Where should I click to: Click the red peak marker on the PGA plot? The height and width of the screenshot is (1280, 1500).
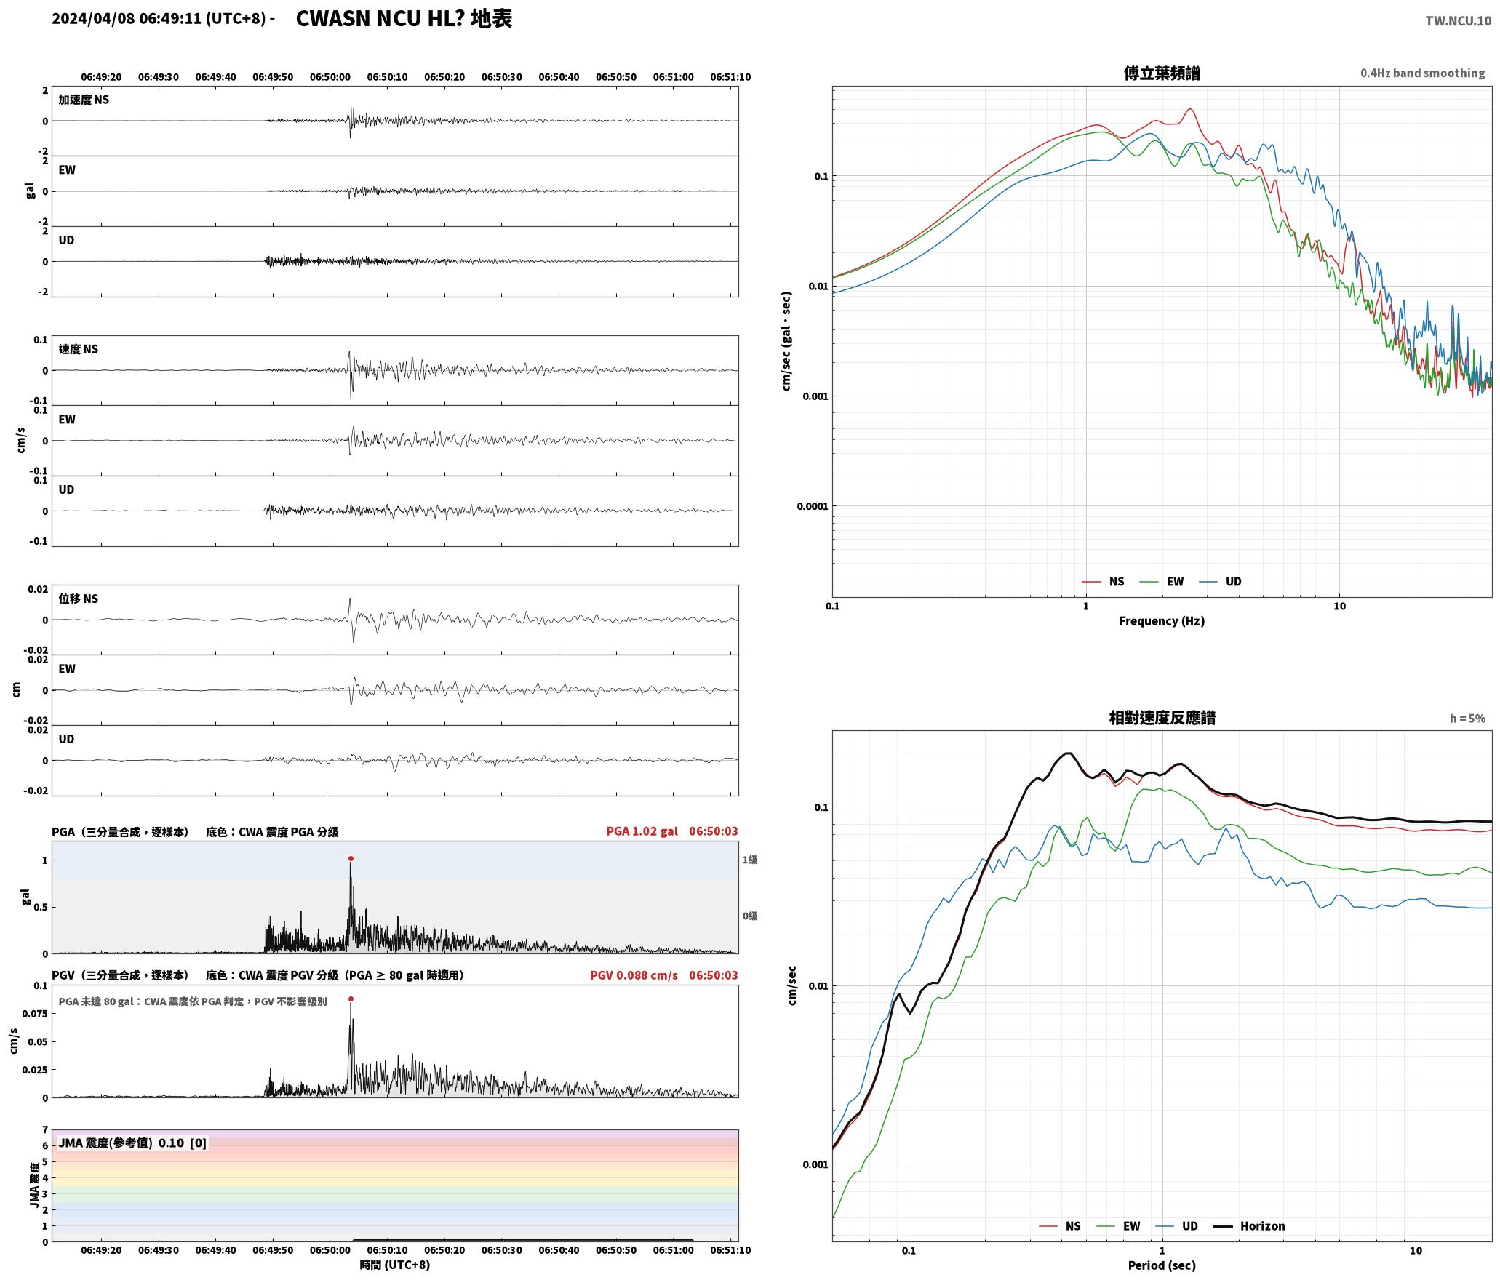tap(351, 859)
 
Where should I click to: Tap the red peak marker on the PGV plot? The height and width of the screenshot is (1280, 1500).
tap(351, 999)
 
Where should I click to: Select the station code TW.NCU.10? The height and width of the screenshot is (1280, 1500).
tap(1458, 21)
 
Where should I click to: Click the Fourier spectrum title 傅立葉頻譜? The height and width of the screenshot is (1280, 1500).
tap(1162, 73)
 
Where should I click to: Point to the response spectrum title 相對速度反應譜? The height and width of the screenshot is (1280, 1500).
tap(1162, 718)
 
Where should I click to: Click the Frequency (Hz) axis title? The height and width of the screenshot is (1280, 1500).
tap(1162, 621)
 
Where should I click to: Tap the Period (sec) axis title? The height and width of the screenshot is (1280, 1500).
tap(1162, 1265)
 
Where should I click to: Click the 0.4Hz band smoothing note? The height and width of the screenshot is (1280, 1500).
tap(1423, 73)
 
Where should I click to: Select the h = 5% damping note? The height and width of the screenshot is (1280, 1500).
tap(1467, 719)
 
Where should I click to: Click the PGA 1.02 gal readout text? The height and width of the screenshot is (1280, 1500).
tap(642, 831)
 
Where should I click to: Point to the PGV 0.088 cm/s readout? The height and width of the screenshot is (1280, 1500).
tap(634, 975)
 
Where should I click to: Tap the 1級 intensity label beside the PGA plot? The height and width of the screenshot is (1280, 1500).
tap(750, 860)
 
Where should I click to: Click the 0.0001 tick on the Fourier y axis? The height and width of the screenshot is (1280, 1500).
tap(812, 506)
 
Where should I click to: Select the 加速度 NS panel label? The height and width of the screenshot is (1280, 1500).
tap(84, 100)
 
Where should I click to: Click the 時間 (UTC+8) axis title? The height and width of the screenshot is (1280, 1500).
tap(395, 1265)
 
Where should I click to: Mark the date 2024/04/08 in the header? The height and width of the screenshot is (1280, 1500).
tap(93, 19)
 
